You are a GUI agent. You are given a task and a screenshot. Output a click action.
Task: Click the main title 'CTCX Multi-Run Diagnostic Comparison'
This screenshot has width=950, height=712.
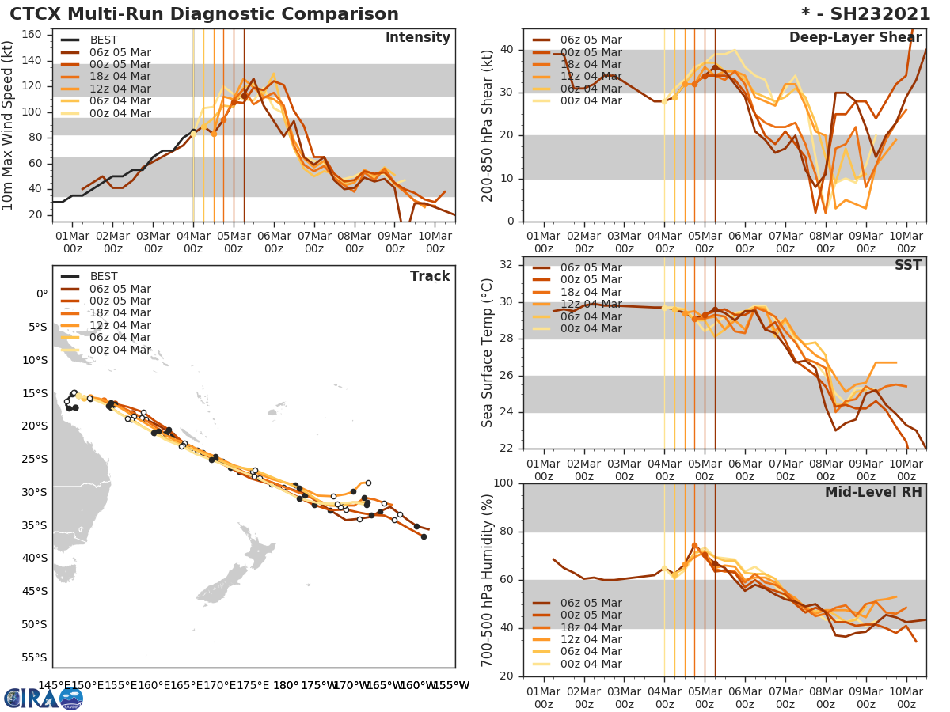[204, 14]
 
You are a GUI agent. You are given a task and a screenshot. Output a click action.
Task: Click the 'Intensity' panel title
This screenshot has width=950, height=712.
[417, 38]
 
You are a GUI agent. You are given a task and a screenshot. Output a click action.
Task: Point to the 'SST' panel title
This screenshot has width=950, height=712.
[907, 265]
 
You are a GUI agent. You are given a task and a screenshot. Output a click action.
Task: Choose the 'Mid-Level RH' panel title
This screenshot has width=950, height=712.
[873, 492]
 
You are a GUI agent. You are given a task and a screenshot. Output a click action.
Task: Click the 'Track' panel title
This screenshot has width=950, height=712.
[430, 276]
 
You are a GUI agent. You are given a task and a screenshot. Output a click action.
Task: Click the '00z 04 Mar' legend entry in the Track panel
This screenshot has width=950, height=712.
[120, 350]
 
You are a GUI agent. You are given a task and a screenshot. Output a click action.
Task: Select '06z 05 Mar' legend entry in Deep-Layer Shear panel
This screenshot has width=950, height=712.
[591, 40]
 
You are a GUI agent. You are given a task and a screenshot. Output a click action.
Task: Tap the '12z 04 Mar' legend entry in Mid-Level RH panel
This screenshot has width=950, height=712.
[591, 640]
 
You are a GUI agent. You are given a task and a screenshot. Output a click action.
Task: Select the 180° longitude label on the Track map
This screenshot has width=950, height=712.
[286, 685]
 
